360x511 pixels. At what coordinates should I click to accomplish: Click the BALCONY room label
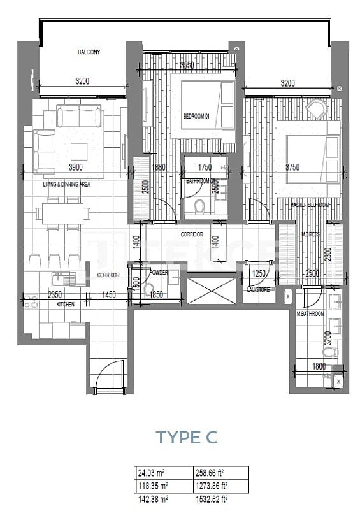tap(89, 52)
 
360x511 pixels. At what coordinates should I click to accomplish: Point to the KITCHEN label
tap(65, 305)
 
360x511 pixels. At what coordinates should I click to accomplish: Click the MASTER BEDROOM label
tap(310, 205)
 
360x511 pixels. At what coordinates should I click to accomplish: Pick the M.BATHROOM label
tap(310, 314)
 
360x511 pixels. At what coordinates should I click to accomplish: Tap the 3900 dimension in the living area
tap(76, 168)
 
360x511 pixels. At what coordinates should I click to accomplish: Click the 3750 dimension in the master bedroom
tap(292, 168)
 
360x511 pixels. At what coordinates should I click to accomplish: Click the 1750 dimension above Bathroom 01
tap(205, 168)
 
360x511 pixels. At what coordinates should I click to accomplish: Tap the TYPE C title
tap(187, 437)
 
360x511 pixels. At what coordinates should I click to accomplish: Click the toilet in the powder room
tap(150, 291)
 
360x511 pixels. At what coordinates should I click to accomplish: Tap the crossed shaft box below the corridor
tap(212, 291)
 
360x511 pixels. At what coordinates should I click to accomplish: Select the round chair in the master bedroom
tap(315, 109)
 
